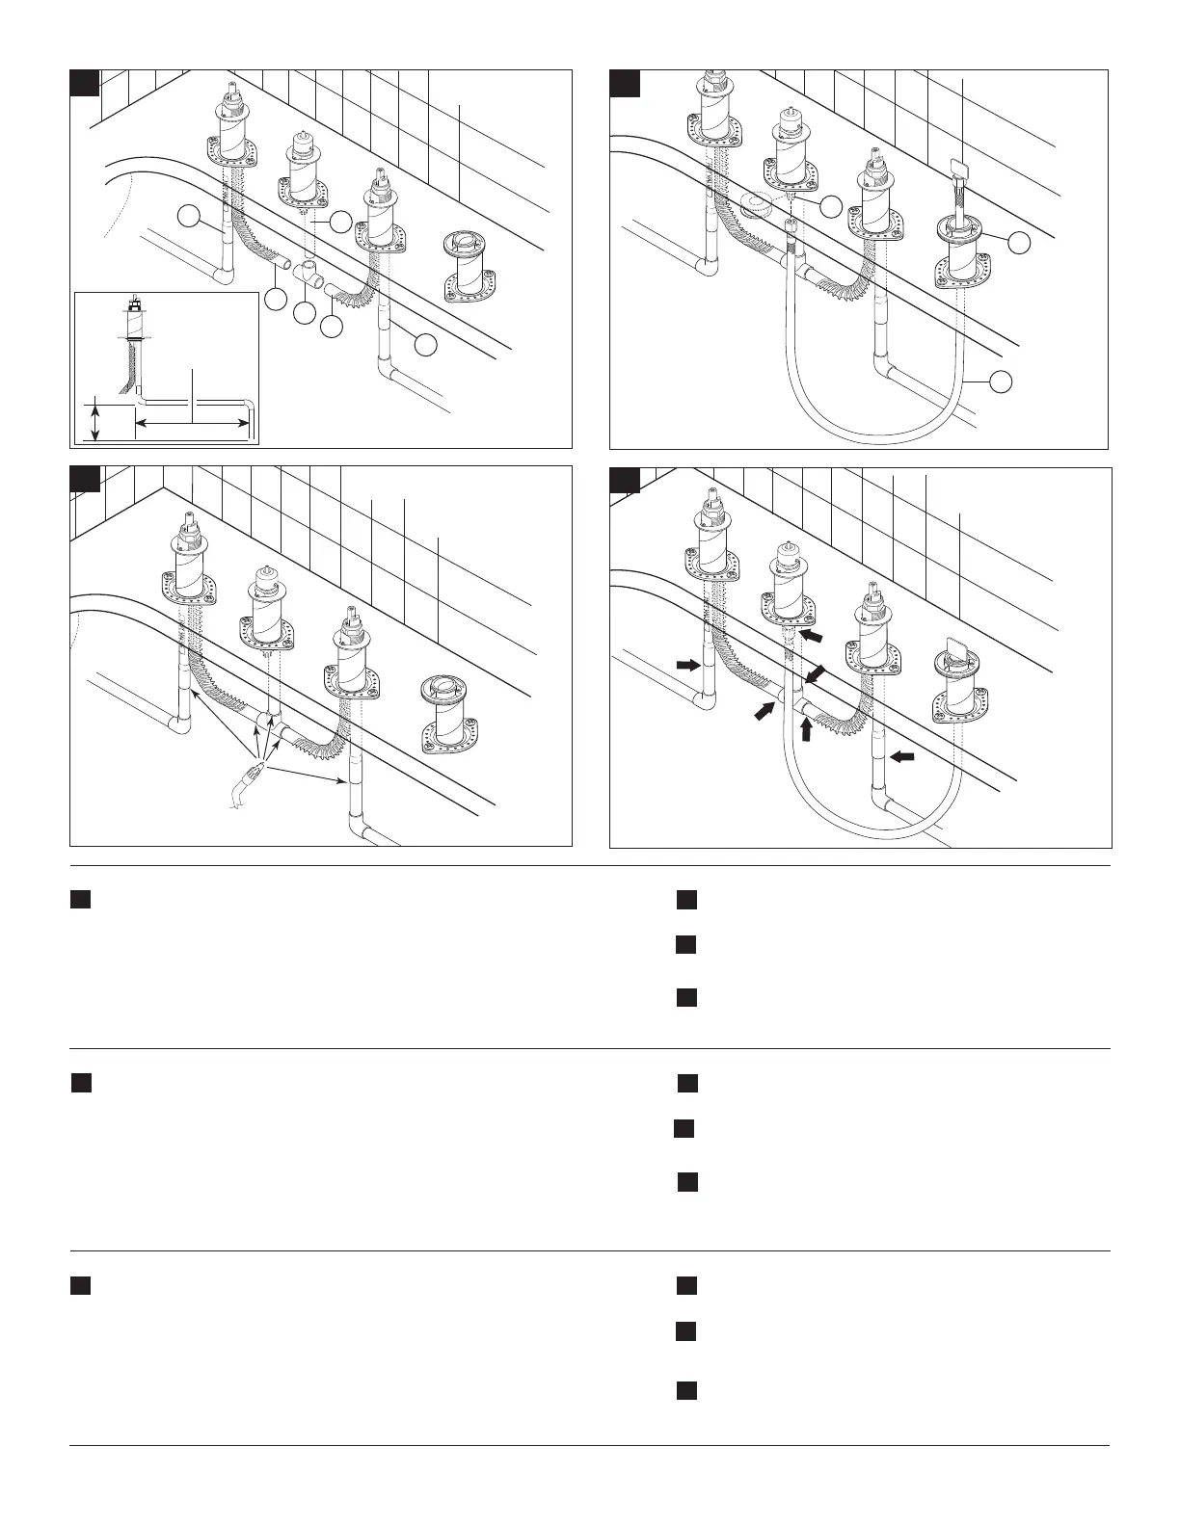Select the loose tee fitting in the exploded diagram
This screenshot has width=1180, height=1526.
pos(309,273)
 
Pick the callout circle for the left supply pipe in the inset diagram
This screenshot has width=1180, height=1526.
pos(189,218)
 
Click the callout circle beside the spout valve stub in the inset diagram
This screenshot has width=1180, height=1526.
pos(340,221)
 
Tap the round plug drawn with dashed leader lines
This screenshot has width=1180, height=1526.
pos(759,204)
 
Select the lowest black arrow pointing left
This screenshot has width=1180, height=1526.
pos(900,758)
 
